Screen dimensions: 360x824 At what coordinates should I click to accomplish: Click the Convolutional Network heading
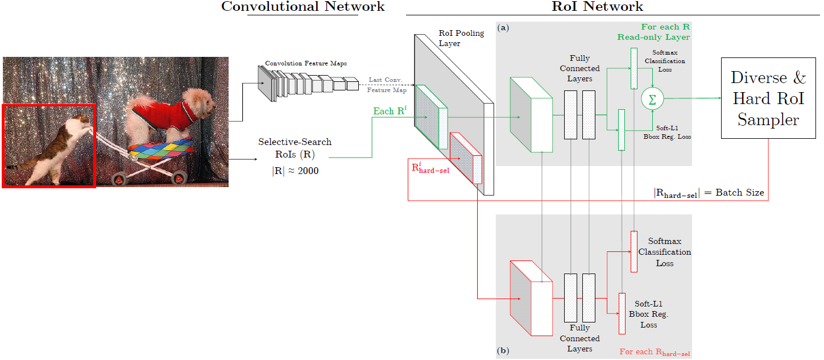(303, 7)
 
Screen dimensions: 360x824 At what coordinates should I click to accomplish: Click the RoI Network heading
(597, 7)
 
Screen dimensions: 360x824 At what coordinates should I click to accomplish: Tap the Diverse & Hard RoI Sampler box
(768, 98)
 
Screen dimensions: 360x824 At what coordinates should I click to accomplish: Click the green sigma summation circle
(652, 98)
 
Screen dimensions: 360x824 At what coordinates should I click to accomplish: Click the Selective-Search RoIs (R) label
(295, 148)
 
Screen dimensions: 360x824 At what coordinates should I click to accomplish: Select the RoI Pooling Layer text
(461, 38)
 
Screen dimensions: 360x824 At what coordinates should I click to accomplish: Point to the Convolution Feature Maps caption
(306, 63)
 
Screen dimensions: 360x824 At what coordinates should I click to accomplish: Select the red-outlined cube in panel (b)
(531, 298)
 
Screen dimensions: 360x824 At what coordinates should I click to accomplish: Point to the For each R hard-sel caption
(655, 352)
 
